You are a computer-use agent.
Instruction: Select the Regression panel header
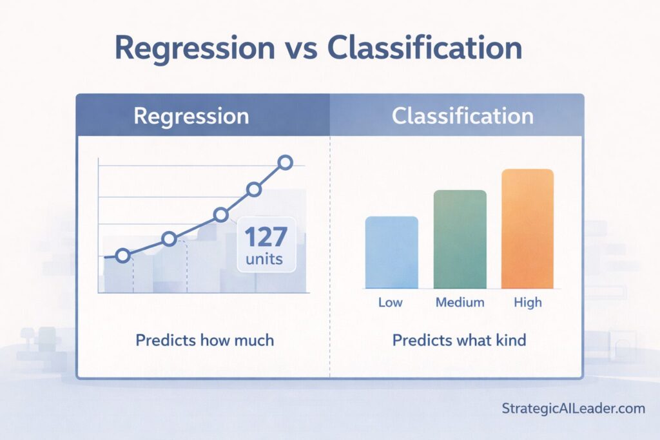point(191,116)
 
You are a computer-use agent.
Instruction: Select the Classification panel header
point(462,116)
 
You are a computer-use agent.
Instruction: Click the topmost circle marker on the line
point(286,163)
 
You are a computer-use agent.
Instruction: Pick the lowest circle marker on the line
point(122,256)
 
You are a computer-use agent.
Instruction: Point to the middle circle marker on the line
point(221,215)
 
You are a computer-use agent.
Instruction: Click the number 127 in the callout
point(266,238)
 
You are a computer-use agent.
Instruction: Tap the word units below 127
point(266,261)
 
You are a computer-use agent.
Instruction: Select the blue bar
point(392,252)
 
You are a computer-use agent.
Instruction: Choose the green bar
point(460,239)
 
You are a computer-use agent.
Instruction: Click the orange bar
point(527,228)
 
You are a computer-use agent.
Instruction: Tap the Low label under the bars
point(391,302)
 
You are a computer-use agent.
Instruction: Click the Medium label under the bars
point(460,302)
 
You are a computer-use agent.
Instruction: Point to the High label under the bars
point(528,302)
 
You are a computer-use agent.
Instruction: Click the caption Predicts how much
point(204,340)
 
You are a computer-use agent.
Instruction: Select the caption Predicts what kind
point(459,340)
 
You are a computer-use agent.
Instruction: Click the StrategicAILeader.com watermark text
point(572,408)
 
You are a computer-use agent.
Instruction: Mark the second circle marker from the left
point(169,239)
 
